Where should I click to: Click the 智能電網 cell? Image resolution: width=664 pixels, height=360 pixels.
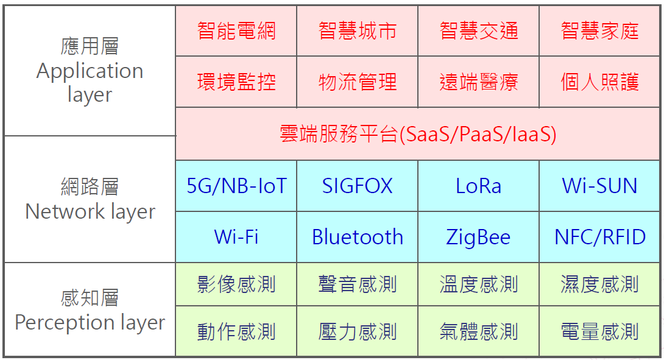tap(236, 31)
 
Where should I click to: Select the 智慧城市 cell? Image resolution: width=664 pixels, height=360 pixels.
tap(358, 31)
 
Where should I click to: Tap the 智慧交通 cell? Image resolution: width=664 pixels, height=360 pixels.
tap(479, 31)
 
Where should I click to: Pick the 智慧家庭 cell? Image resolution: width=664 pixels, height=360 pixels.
tap(599, 31)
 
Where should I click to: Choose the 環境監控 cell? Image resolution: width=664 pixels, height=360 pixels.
tap(236, 82)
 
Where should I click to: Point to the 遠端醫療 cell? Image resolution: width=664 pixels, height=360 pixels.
tap(479, 82)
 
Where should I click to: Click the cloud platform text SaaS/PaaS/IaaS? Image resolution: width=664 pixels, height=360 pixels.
tap(478, 134)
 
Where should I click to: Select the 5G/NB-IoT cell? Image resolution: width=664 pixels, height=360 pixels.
tap(236, 186)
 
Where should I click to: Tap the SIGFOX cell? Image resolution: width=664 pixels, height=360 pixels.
tap(358, 186)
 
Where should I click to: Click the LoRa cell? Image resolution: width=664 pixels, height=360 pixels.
tap(479, 186)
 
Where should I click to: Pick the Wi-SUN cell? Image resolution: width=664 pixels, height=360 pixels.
tap(599, 186)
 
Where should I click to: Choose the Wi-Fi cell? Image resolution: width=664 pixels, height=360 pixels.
tap(236, 237)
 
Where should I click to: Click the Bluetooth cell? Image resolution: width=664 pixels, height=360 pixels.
tap(358, 237)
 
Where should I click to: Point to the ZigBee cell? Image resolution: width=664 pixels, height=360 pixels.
tap(479, 237)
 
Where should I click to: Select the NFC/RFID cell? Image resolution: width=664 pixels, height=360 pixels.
tap(599, 237)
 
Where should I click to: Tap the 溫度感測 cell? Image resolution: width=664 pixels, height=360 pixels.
tap(479, 284)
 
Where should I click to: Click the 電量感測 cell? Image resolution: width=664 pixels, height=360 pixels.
tap(599, 331)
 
